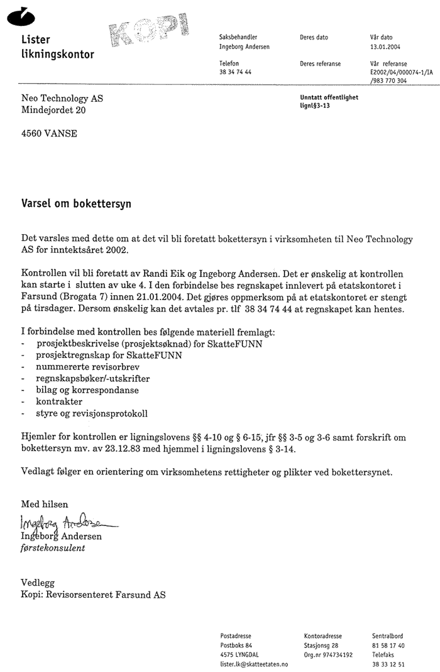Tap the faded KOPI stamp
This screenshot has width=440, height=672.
tap(150, 31)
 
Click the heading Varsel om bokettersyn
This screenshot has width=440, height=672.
tap(76, 204)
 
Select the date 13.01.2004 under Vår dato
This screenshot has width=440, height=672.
tap(385, 47)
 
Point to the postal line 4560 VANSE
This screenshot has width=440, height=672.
tap(49, 133)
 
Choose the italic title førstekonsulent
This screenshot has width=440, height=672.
tap(53, 548)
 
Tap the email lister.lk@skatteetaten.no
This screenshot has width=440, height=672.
tap(254, 664)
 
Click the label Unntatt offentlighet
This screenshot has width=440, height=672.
tap(329, 98)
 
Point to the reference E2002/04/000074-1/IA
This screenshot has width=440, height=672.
tap(402, 73)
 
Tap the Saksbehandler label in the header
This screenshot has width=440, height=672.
tap(238, 37)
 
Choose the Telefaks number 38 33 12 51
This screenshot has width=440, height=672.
tap(388, 664)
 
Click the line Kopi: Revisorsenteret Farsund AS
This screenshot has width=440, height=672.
tap(93, 595)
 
